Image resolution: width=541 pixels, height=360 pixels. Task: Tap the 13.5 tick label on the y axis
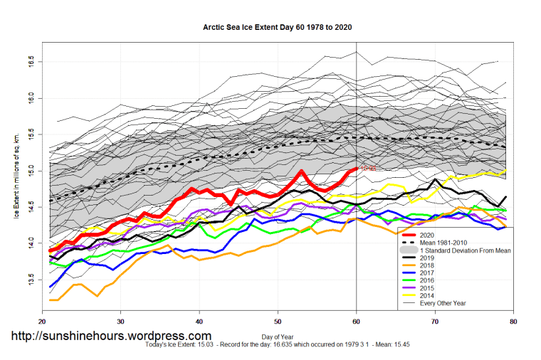(x=31, y=281)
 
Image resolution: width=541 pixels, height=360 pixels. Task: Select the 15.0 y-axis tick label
(x=31, y=171)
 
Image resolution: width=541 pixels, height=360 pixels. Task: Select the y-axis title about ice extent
(x=16, y=171)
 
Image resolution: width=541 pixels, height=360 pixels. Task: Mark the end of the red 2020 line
(x=356, y=169)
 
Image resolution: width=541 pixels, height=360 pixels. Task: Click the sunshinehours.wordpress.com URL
(x=110, y=335)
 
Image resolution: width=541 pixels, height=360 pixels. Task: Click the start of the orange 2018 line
(x=51, y=300)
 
